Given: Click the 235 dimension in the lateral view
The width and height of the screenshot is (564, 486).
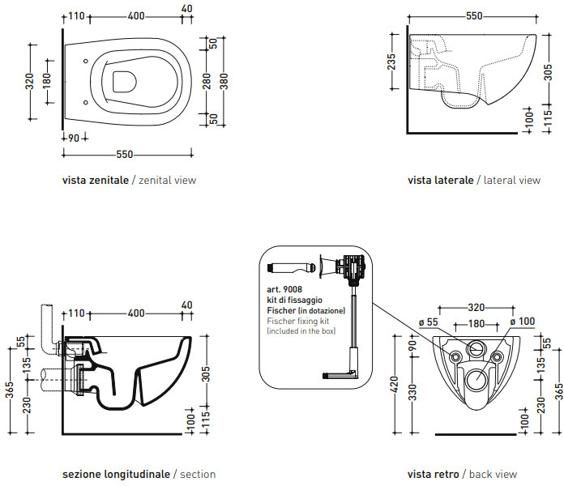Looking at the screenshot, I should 392,62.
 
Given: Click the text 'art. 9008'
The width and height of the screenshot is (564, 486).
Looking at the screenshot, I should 284,289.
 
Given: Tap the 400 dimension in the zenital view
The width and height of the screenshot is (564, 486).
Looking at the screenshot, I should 136,16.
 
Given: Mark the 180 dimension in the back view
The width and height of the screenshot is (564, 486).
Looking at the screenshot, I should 476,324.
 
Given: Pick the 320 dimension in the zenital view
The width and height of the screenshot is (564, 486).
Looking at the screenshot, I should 30,81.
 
